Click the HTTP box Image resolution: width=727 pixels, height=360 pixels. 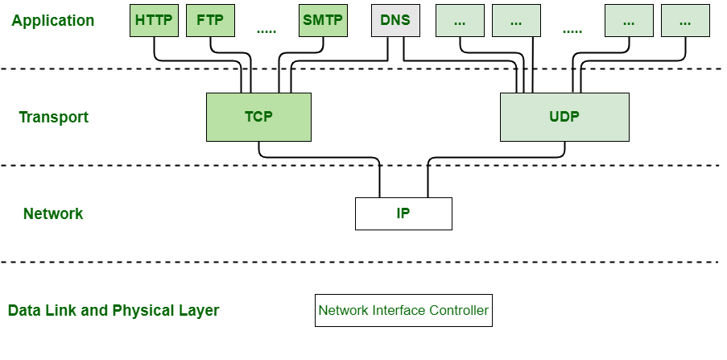coord(154,21)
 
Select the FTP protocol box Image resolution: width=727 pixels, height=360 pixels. coord(210,21)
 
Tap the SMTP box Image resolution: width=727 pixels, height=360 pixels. coord(323,21)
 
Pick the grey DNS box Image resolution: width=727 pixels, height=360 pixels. coord(395,21)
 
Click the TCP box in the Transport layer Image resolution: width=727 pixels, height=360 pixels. coord(258,117)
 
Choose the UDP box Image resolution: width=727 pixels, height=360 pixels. coord(564,117)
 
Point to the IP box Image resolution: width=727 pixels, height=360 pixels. coord(403,213)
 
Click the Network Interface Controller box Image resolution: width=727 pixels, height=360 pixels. coord(403,310)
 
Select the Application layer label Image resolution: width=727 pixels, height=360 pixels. coord(52,21)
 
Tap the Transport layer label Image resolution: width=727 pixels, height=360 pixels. coord(53,118)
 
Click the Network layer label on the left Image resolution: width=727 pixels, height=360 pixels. coord(53,214)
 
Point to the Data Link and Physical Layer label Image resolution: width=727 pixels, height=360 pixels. coord(114,311)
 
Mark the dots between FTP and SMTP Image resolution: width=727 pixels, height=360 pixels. coord(266,31)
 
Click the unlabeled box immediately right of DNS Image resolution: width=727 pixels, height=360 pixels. coord(460,21)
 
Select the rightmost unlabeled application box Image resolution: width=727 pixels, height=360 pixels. coord(685,21)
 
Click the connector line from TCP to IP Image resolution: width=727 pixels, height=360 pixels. coord(322,156)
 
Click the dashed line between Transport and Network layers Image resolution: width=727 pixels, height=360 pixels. coord(362,165)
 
